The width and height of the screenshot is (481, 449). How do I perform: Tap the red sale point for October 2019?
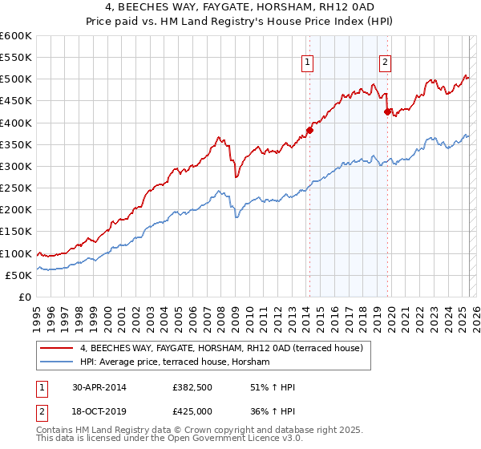pyautogui.click(x=387, y=111)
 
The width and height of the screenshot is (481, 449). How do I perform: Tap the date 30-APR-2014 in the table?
pyautogui.click(x=99, y=387)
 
